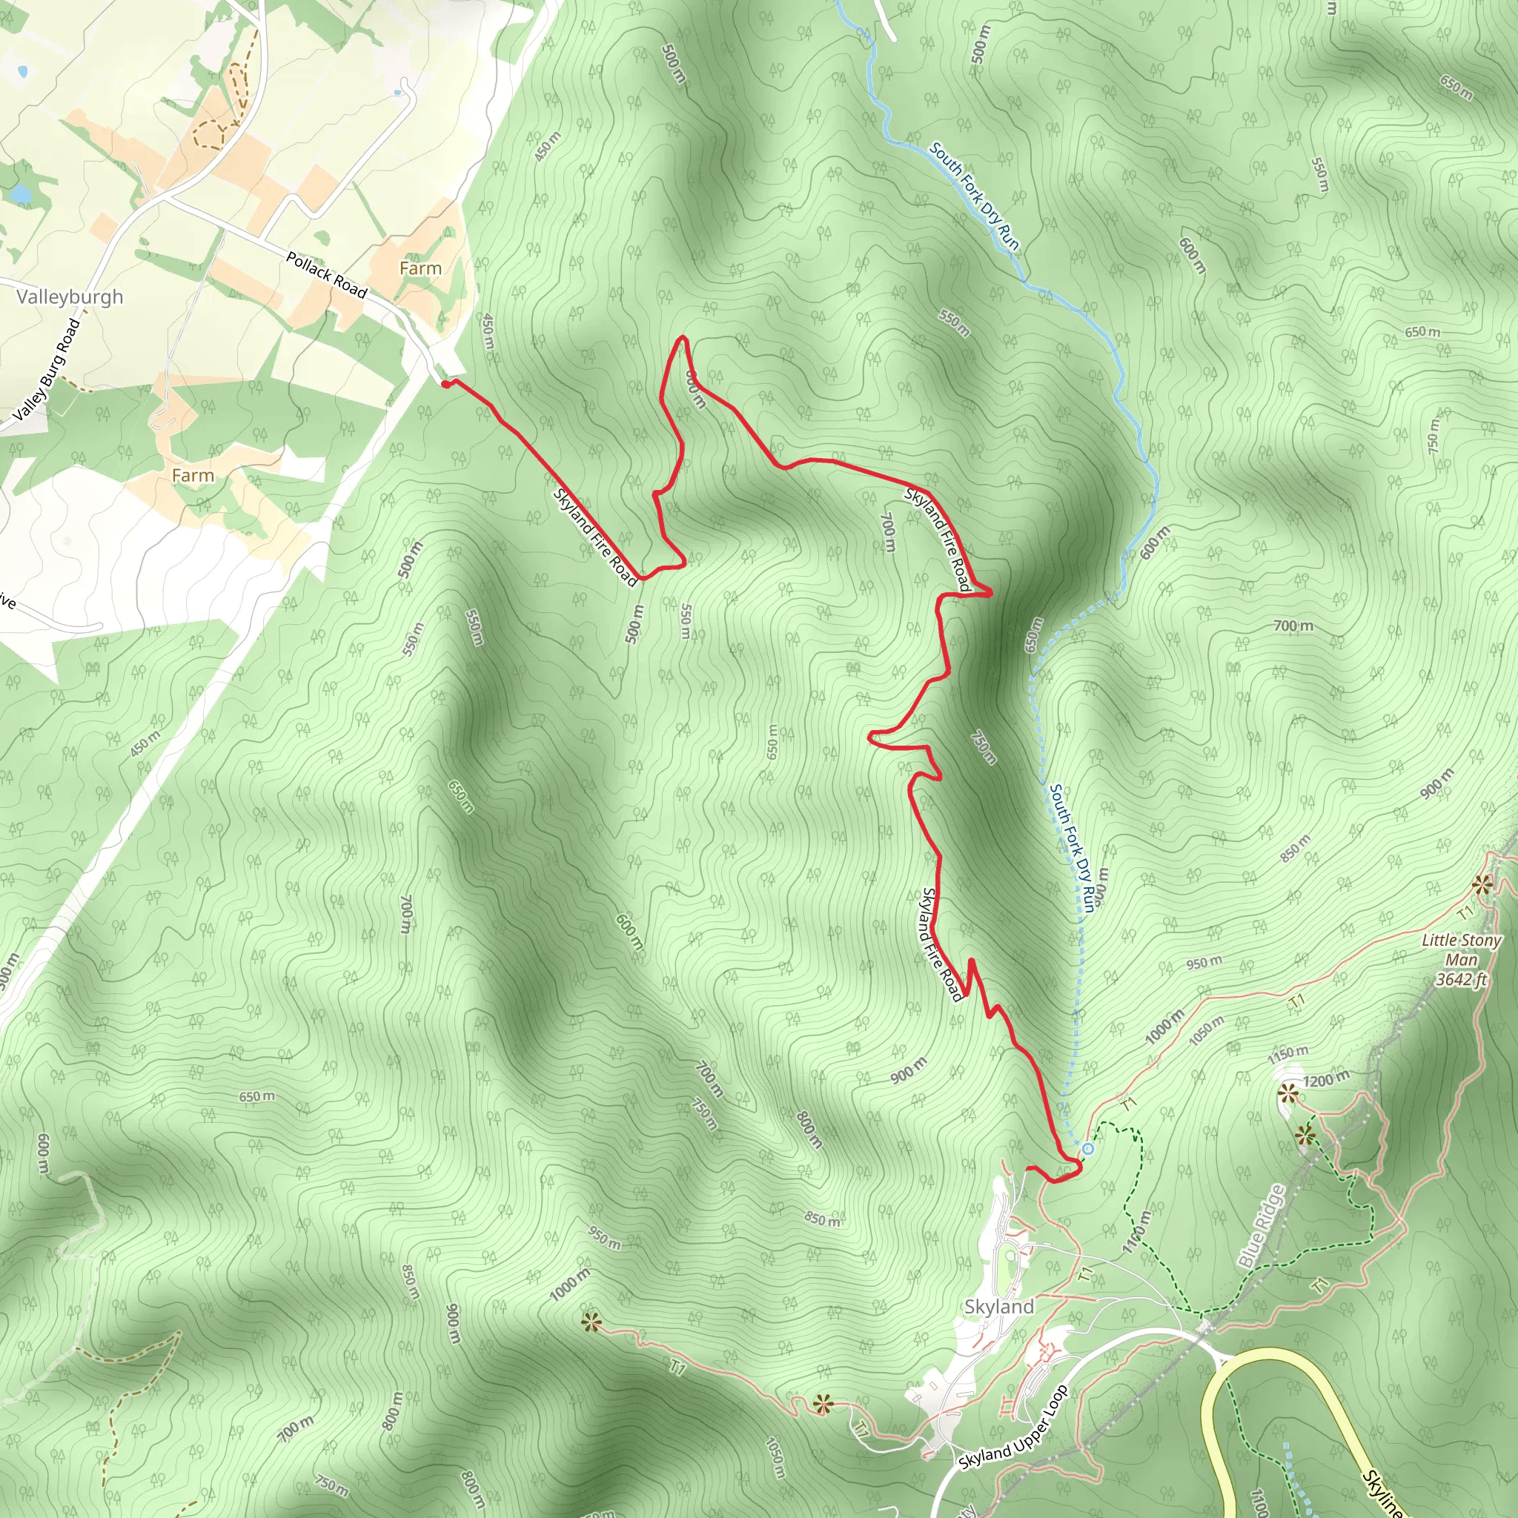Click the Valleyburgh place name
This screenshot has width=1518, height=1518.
(70, 297)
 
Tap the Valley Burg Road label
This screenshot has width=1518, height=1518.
(47, 368)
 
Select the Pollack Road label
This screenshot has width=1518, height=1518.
(326, 275)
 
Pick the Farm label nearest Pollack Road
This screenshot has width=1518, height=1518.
(420, 269)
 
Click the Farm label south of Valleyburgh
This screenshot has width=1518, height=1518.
(193, 475)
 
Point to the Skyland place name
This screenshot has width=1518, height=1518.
(998, 1307)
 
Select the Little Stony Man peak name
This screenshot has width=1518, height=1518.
(1462, 949)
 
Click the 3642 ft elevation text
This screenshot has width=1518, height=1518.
(1462, 979)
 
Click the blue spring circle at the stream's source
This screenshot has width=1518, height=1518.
(1088, 1149)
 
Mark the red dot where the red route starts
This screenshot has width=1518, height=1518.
(445, 383)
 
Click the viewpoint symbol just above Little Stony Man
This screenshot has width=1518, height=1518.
(1482, 886)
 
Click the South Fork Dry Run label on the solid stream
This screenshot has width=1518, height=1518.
(974, 196)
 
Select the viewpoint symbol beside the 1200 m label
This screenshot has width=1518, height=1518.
(1287, 1092)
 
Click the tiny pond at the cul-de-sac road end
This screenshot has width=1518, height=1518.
(397, 93)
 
